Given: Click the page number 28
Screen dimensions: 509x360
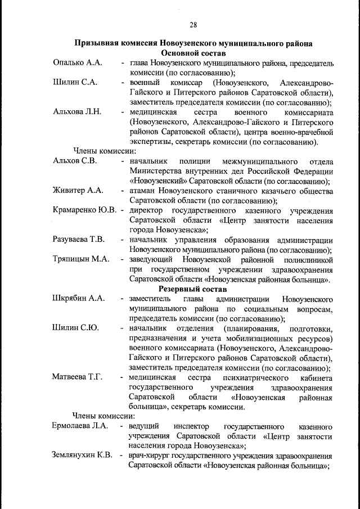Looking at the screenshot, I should pos(193,24).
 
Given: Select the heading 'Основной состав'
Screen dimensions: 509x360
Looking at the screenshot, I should pos(193,52).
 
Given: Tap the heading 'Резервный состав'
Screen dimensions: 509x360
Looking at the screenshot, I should pos(193,289).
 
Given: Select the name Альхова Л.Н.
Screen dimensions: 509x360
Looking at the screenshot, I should pos(77,111).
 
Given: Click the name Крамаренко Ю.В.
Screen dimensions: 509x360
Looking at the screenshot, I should pos(84,210).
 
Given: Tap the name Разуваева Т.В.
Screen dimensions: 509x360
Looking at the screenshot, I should pos(79,240).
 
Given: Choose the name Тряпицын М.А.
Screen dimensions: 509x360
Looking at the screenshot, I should pos(80,259).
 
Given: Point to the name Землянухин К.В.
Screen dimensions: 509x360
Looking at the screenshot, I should pos(83,455).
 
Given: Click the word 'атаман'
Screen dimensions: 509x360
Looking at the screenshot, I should pos(143,191).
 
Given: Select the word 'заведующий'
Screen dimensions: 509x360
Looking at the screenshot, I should pos(152,259).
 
